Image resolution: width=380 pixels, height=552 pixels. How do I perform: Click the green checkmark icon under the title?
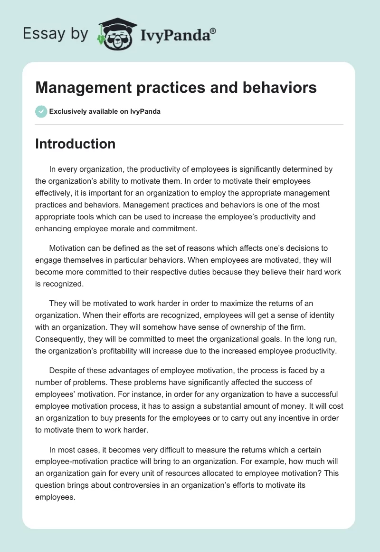pyautogui.click(x=41, y=111)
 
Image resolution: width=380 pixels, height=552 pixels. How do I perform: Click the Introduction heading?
pyautogui.click(x=76, y=143)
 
